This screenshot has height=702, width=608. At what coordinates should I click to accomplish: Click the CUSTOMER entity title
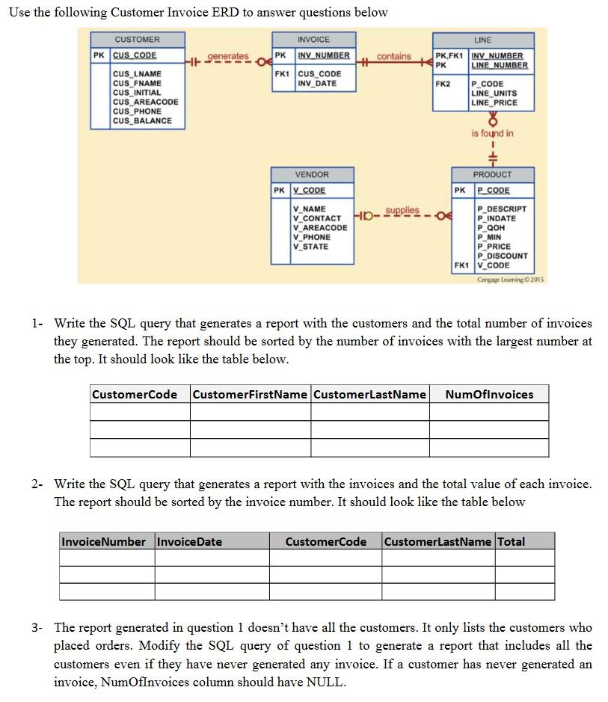tap(137, 40)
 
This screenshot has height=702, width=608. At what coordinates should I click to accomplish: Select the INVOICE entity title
tap(313, 40)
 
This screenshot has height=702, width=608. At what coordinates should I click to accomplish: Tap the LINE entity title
tap(482, 40)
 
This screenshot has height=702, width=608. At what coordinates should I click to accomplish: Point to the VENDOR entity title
tap(312, 174)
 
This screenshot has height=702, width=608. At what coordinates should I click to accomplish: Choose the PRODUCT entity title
tap(492, 174)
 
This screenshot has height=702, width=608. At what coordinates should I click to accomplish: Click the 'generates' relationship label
tap(227, 56)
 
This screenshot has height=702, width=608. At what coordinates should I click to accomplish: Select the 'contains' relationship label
tap(393, 56)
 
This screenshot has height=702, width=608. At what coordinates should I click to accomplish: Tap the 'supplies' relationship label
tap(402, 210)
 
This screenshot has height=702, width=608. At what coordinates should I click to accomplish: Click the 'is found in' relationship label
tap(492, 133)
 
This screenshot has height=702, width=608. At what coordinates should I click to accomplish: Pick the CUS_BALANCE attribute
tap(142, 120)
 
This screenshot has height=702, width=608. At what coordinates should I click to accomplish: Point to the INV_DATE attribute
tap(317, 83)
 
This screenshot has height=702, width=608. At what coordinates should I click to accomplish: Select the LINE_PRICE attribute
tap(494, 102)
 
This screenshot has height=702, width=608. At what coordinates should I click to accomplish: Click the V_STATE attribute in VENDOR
tap(310, 246)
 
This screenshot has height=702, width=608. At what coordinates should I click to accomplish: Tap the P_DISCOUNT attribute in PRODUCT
tap(502, 256)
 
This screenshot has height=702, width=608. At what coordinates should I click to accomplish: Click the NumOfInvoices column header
tap(489, 394)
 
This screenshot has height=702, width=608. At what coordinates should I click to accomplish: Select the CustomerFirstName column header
tap(250, 394)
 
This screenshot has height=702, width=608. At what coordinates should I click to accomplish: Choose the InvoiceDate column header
tap(189, 541)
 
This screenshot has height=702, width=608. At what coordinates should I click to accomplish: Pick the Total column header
tap(512, 541)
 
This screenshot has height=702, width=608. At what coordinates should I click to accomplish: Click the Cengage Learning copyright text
tap(511, 279)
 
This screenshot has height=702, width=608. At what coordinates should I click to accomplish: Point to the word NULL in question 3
tap(328, 682)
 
